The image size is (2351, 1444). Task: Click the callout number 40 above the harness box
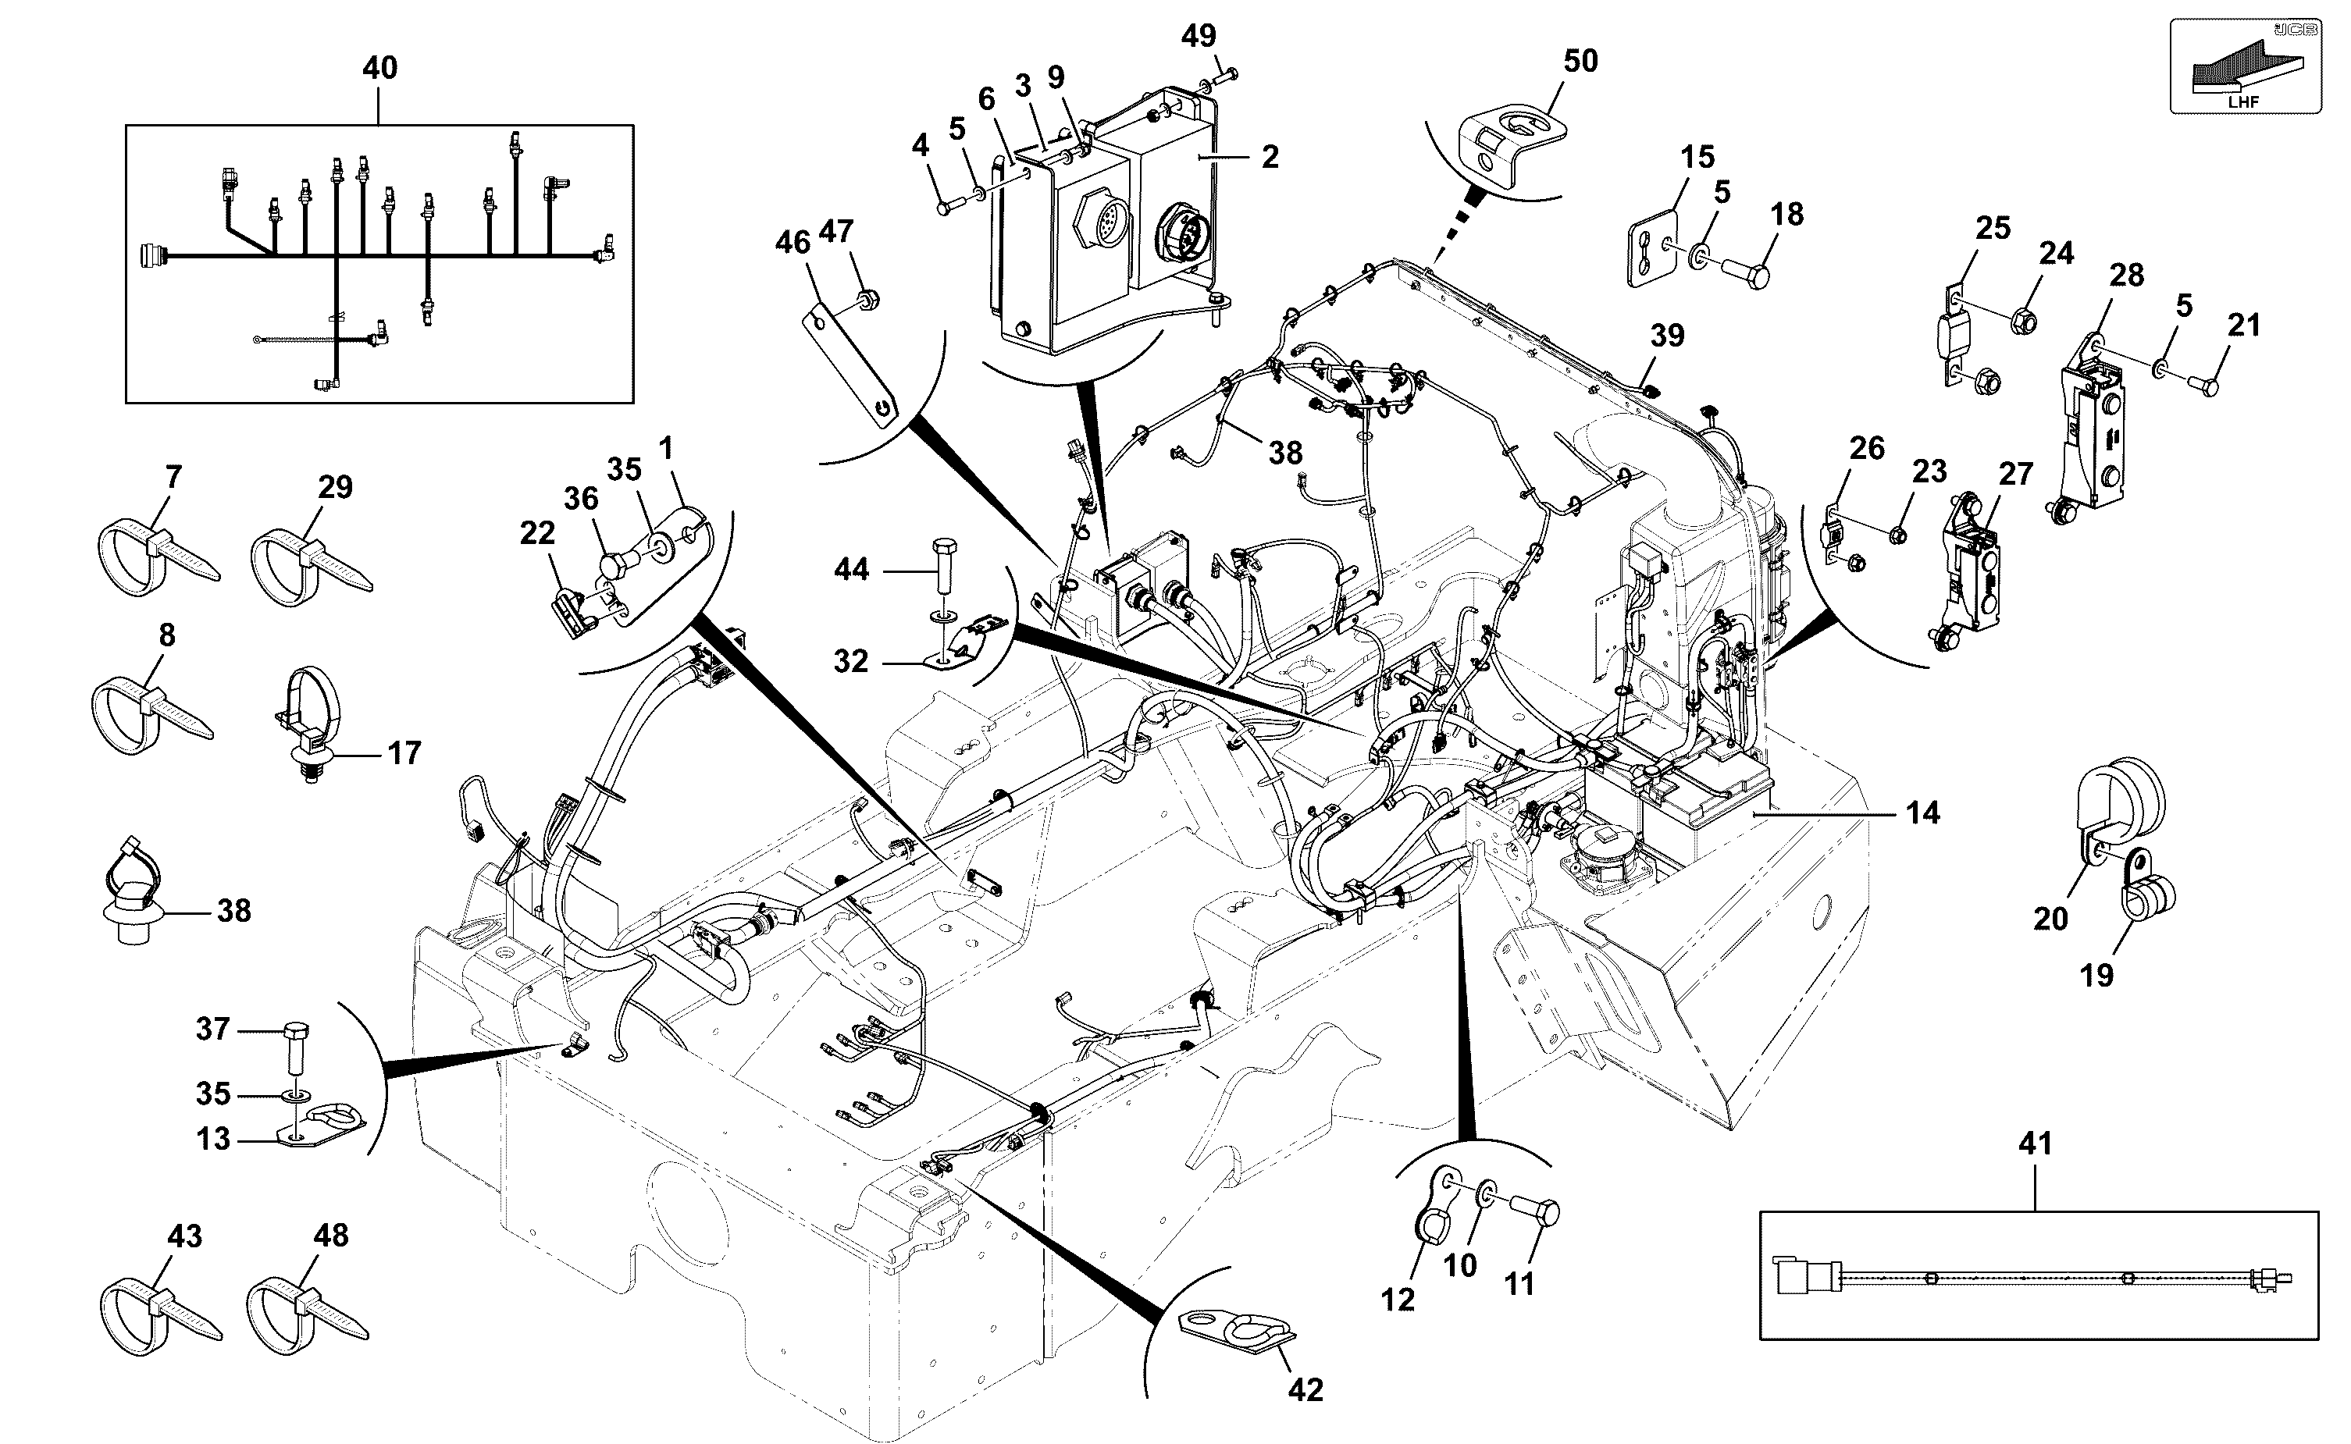[x=380, y=68]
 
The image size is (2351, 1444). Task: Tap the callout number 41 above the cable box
[x=2035, y=1143]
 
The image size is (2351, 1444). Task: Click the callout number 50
[x=1580, y=61]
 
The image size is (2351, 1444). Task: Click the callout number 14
[x=1923, y=813]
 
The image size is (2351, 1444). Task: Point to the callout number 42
[x=1306, y=1389]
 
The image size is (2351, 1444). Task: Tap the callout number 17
[x=404, y=753]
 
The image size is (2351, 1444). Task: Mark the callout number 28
[x=2126, y=275]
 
